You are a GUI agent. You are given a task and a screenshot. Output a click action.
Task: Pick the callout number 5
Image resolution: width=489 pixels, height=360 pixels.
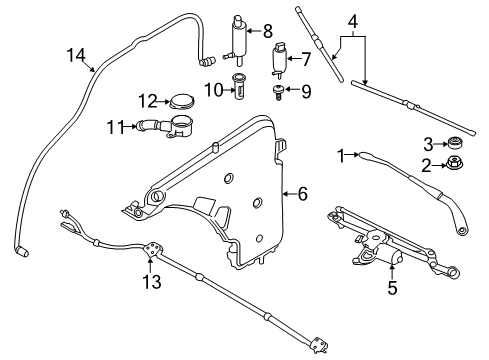[x=393, y=289]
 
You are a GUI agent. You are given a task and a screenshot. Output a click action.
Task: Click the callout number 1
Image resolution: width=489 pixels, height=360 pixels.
[x=340, y=156]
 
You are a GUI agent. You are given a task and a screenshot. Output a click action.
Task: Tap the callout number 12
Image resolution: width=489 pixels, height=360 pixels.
[x=146, y=100]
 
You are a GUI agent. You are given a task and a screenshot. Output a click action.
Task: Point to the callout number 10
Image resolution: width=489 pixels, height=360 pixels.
[x=213, y=91]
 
